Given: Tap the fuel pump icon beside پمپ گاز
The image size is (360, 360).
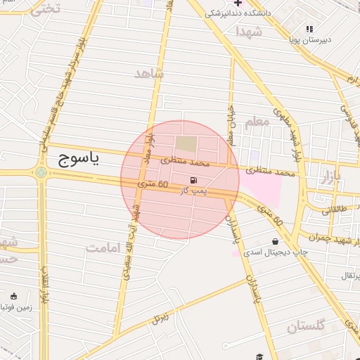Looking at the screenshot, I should click(x=193, y=181).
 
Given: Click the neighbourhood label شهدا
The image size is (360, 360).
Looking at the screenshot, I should click(x=249, y=32).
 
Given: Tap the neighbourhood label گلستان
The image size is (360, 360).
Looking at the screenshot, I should click(x=306, y=326).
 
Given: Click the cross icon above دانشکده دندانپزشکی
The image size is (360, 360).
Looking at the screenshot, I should click(x=237, y=3).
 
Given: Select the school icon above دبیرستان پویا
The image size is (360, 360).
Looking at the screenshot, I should click(x=309, y=29).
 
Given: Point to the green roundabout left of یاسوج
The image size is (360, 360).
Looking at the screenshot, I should click(x=41, y=172).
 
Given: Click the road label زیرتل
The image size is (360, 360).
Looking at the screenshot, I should click(x=162, y=319).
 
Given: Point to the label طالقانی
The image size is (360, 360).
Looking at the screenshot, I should click(x=335, y=210).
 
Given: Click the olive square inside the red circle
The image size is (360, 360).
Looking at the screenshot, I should click(x=186, y=144).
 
